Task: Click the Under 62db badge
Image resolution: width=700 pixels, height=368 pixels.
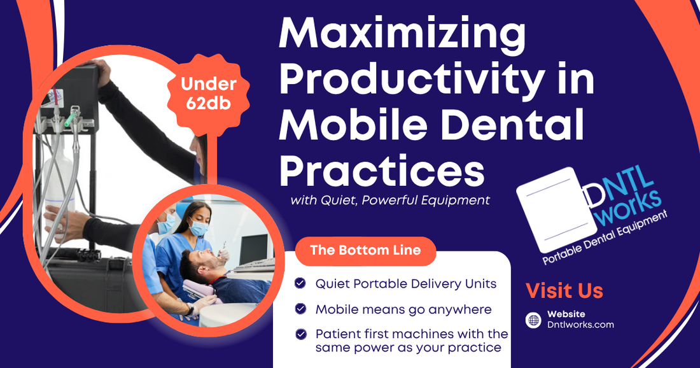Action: pyautogui.click(x=209, y=94)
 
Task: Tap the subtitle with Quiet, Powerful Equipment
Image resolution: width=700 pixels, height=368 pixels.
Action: pyautogui.click(x=389, y=200)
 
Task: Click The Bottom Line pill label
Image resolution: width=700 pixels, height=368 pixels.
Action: pyautogui.click(x=365, y=250)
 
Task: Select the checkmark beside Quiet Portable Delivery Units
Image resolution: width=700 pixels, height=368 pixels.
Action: pyautogui.click(x=300, y=283)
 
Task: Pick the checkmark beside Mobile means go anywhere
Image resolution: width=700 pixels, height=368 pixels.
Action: pyautogui.click(x=300, y=309)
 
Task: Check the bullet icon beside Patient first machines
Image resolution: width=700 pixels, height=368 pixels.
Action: pyautogui.click(x=301, y=334)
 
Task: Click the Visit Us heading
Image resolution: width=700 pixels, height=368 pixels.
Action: pyautogui.click(x=564, y=291)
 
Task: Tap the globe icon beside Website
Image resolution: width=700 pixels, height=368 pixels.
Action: pyautogui.click(x=533, y=320)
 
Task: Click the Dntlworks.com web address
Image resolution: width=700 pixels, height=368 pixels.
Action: pyautogui.click(x=580, y=325)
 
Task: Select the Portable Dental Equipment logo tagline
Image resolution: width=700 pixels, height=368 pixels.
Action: pyautogui.click(x=605, y=237)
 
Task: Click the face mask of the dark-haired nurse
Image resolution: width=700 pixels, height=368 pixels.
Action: pyautogui.click(x=198, y=227)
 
